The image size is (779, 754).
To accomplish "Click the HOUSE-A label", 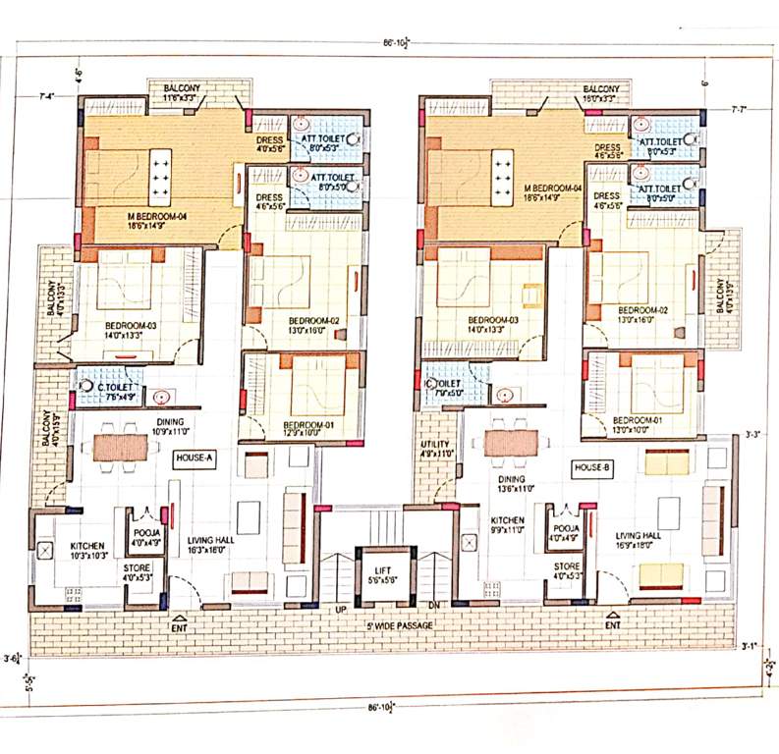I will (195, 458).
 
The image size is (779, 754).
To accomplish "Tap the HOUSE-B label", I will (591, 469).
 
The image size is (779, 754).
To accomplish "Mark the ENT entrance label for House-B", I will (613, 624).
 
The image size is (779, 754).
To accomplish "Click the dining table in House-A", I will (119, 447).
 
